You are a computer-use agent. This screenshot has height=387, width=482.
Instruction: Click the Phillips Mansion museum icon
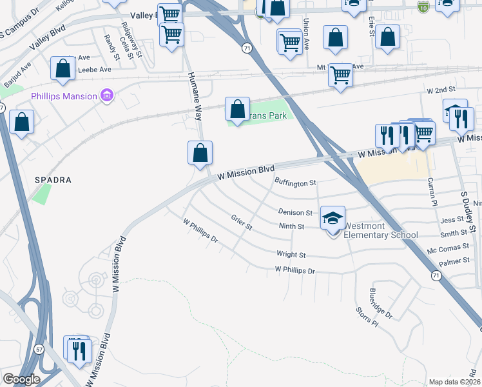click(x=108, y=97)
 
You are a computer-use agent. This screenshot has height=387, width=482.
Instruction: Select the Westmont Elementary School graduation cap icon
click(x=333, y=218)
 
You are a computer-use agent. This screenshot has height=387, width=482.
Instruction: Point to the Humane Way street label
click(x=194, y=97)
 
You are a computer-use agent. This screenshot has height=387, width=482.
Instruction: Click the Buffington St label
click(x=296, y=183)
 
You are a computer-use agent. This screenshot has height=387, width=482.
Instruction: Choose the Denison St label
click(x=295, y=212)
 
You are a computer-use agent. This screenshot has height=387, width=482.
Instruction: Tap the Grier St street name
click(x=241, y=223)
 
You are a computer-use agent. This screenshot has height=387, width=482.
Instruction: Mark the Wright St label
click(x=291, y=255)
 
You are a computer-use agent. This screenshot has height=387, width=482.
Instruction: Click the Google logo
click(x=21, y=379)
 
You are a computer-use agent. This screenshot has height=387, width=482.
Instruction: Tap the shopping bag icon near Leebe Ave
click(x=63, y=69)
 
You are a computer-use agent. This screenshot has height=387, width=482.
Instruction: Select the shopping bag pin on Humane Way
click(x=200, y=154)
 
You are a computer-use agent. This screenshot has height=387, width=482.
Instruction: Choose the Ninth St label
click(x=291, y=226)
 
